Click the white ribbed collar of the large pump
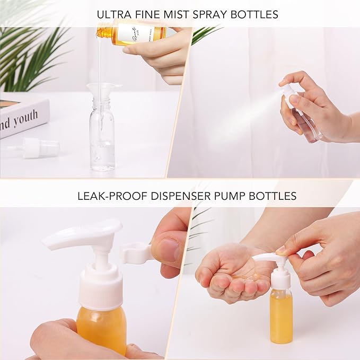click(101, 289)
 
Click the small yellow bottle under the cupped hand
click(280, 315)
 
